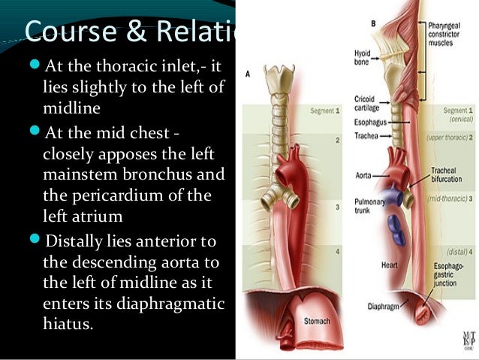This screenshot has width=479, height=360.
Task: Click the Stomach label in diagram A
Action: coord(316,322)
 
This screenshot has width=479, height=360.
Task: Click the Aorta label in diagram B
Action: coord(363,175)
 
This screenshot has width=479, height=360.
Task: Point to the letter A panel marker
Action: coord(248,74)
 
